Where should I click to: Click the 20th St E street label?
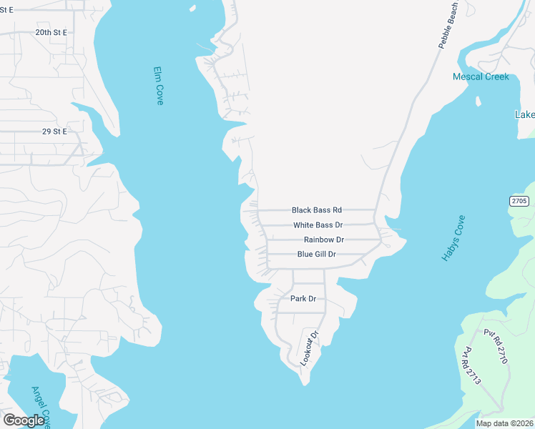(51, 33)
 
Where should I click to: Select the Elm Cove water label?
(159, 87)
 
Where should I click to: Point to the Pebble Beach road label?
(448, 25)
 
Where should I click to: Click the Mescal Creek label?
(481, 77)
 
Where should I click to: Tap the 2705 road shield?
(519, 202)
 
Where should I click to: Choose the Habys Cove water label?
(453, 237)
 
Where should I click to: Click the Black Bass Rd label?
(316, 210)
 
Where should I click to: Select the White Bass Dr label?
(318, 225)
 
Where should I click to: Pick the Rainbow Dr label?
(323, 240)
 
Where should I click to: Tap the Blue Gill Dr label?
(316, 255)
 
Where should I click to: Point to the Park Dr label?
(303, 298)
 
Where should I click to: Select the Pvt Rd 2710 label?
(495, 347)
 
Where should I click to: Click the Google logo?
(24, 420)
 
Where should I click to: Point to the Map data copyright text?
(504, 423)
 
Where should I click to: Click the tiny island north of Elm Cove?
(192, 9)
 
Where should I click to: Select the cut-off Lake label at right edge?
(525, 115)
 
